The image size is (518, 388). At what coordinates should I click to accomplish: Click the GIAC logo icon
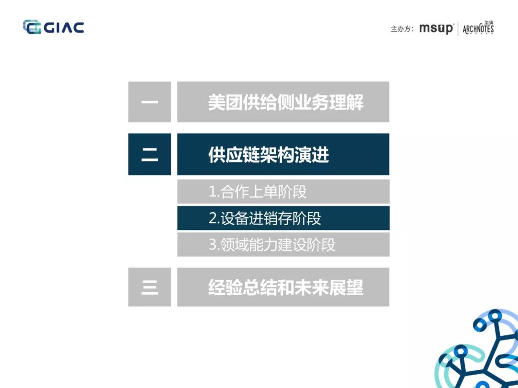32,27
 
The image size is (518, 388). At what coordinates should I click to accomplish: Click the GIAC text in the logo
64,27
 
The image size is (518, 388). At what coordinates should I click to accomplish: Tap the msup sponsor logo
436,29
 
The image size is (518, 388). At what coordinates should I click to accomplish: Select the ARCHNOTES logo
478,28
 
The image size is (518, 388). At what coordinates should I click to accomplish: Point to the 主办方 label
402,29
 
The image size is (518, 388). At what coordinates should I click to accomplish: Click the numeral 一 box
150,102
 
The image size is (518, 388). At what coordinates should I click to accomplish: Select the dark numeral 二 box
150,154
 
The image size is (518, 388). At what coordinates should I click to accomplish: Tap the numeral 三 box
150,287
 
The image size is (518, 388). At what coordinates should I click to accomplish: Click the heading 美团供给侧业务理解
285,102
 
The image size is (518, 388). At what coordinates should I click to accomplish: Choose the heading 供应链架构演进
269,155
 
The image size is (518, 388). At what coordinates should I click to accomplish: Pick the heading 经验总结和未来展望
285,287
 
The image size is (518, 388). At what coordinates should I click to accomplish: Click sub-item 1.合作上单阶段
258,192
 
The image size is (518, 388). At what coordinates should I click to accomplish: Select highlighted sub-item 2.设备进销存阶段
265,218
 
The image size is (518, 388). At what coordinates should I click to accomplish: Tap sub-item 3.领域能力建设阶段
272,245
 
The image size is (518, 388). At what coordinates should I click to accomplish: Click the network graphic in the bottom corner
480,352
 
